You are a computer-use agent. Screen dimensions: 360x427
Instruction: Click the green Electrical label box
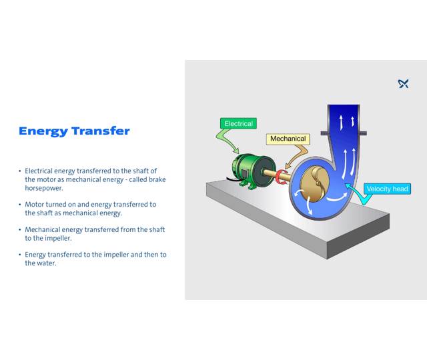(238, 123)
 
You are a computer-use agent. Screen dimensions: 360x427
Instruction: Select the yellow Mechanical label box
(288, 139)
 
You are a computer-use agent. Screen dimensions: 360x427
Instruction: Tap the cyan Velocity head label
(387, 189)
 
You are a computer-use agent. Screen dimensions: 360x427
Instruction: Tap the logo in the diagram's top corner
(403, 83)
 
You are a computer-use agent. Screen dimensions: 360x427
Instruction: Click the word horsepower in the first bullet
(43, 188)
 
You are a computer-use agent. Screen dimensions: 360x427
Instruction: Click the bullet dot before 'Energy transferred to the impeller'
(20, 255)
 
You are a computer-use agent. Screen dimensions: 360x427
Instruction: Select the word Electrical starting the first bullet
(41, 171)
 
